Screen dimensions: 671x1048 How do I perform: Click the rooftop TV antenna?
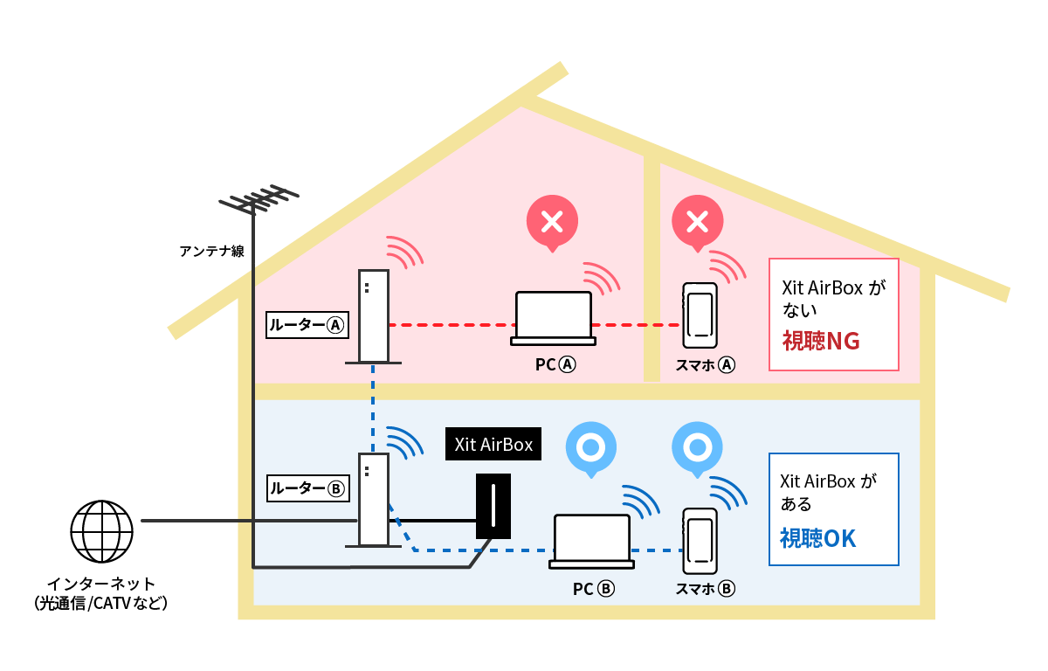[258, 200]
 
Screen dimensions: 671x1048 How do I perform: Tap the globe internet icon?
[102, 531]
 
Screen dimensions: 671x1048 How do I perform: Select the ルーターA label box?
[307, 326]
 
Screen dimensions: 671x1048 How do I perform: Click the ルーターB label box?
[307, 488]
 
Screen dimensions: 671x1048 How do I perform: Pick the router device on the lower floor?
[374, 500]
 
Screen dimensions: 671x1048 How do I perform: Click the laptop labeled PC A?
[554, 317]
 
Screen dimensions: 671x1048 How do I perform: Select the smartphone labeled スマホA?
[700, 315]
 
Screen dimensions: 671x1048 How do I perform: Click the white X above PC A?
[552, 222]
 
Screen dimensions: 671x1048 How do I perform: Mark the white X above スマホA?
[697, 222]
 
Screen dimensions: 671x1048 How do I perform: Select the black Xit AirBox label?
[493, 445]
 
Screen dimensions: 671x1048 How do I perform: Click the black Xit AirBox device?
[493, 507]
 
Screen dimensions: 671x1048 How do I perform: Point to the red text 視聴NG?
[821, 342]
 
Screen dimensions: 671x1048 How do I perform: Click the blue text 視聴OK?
[818, 538]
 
